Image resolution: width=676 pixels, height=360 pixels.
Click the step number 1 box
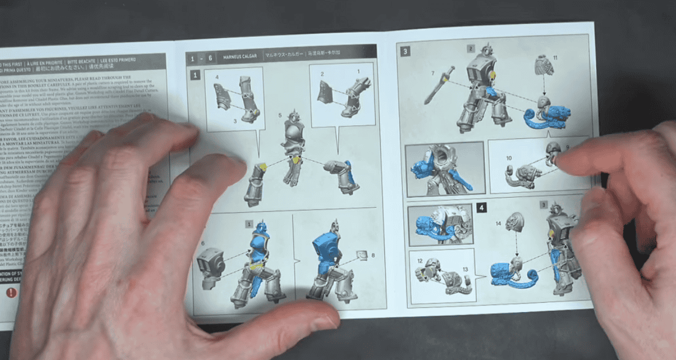(195, 75)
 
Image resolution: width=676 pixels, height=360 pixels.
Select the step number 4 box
(481, 208)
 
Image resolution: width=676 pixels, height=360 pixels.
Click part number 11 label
(556, 58)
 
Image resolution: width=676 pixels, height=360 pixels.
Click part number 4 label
(217, 77)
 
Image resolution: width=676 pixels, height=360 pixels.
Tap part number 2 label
(321, 74)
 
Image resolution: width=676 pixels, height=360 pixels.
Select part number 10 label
(509, 158)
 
